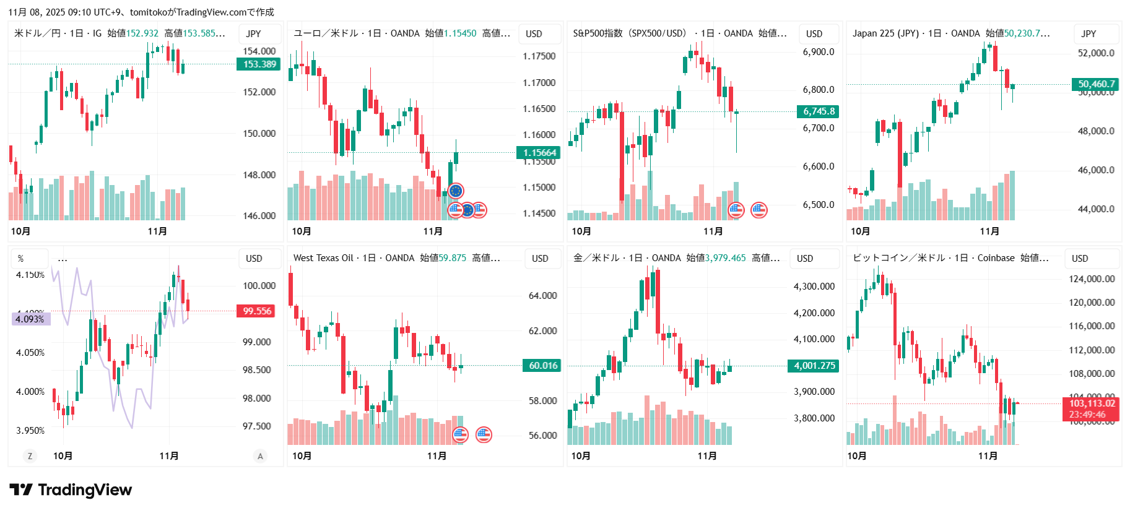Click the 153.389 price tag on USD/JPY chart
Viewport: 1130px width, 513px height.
click(x=259, y=64)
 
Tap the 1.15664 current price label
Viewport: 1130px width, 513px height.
click(x=539, y=153)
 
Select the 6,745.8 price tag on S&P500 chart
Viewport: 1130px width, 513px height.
click(x=819, y=111)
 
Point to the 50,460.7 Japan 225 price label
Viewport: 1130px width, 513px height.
click(x=1096, y=84)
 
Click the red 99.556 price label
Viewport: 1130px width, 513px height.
click(x=256, y=311)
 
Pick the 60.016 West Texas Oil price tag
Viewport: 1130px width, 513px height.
click(x=543, y=366)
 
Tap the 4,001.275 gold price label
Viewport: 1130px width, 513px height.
click(x=814, y=366)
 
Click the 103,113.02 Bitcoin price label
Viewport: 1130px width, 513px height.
click(x=1092, y=403)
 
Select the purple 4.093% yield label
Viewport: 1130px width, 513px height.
click(x=30, y=319)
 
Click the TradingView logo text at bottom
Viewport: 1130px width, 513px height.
click(x=85, y=490)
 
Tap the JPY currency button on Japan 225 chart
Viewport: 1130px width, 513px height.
click(x=1089, y=34)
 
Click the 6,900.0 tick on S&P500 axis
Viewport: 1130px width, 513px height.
click(x=818, y=52)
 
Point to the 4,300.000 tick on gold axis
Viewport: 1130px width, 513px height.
click(x=814, y=287)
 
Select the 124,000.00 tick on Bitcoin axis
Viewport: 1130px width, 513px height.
click(x=1091, y=279)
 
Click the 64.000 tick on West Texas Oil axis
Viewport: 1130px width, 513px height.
click(x=542, y=296)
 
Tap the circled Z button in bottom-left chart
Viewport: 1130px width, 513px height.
click(x=29, y=456)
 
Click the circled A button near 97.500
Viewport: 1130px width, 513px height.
click(x=260, y=456)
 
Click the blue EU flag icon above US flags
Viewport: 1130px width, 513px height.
click(x=456, y=191)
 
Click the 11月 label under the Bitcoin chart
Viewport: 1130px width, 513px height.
click(x=987, y=456)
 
